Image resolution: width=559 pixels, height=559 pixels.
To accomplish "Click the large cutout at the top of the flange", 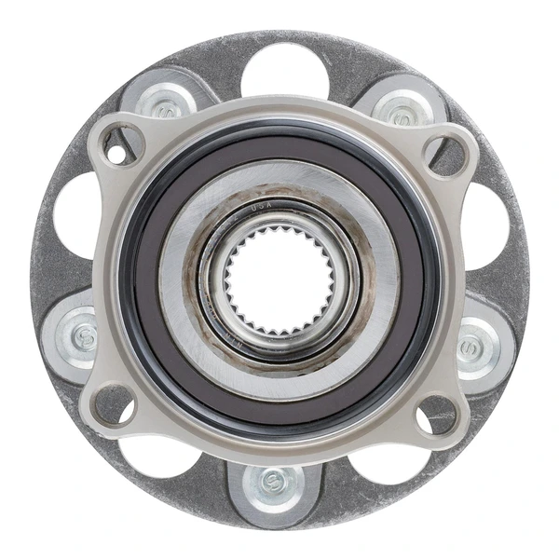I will tap(283, 69).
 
